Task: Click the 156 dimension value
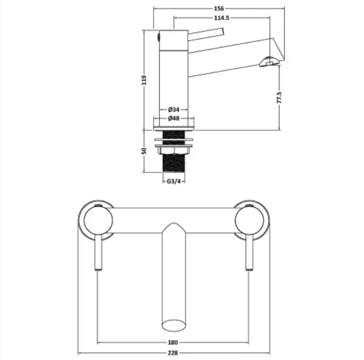[219, 9]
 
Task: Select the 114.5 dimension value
[221, 18]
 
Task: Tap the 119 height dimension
[144, 80]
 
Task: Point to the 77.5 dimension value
[279, 97]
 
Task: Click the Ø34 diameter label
[174, 109]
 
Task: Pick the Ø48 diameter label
[174, 118]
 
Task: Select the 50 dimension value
[144, 151]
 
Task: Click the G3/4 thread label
[174, 182]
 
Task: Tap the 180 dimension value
[173, 342]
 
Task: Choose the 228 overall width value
[173, 353]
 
